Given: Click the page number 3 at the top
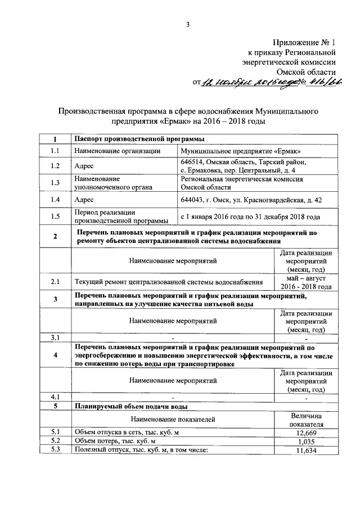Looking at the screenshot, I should click(188, 23).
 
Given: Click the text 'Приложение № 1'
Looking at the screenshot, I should click(304, 42).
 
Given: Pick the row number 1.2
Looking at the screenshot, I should click(55, 166).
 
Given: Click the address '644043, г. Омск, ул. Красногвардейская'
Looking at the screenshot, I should click(250, 199).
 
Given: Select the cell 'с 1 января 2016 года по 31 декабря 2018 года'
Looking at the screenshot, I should click(250, 216).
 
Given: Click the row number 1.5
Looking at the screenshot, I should click(55, 216).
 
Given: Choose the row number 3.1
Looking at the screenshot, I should click(55, 337).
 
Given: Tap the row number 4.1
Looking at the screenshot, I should click(55, 398).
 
